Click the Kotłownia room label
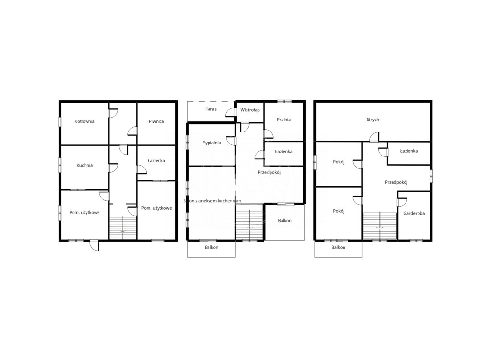[x=85, y=121]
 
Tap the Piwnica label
[x=156, y=121]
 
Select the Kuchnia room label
[x=85, y=165]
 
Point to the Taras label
[x=211, y=109]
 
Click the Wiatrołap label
[x=250, y=110]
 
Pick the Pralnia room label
[x=283, y=119]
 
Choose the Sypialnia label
[x=212, y=143]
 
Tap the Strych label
[x=373, y=120]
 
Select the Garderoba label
[x=414, y=213]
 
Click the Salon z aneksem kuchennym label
[x=212, y=201]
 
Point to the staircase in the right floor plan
[x=380, y=225]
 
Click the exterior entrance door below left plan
[x=94, y=245]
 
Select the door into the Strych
[x=374, y=137]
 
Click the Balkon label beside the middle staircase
[x=284, y=220]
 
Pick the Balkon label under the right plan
[x=338, y=247]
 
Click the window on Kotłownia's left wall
[x=60, y=121]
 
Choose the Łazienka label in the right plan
[x=408, y=151]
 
